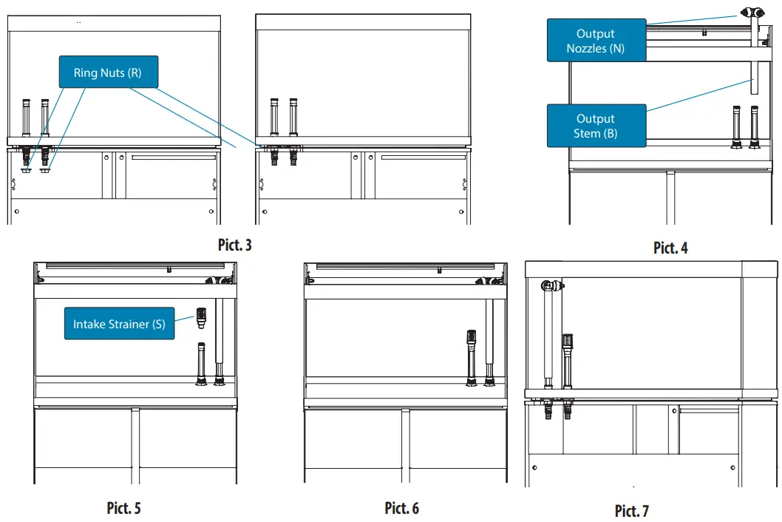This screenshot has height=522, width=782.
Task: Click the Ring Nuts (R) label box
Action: pyautogui.click(x=108, y=72)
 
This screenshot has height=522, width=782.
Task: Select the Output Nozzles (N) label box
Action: pyautogui.click(x=596, y=41)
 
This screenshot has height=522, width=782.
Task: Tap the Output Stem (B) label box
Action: pyautogui.click(x=596, y=126)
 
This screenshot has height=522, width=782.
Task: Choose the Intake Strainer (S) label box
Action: pyautogui.click(x=119, y=324)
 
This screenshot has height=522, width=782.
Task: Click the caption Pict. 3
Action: pyautogui.click(x=235, y=245)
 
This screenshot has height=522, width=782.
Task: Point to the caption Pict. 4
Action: pyautogui.click(x=670, y=248)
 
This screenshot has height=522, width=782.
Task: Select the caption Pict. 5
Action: pyautogui.click(x=123, y=508)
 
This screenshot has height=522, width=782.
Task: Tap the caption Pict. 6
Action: pyautogui.click(x=401, y=508)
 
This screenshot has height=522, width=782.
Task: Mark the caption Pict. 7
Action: pyautogui.click(x=631, y=511)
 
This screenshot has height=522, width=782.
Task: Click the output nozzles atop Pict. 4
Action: pyautogui.click(x=753, y=12)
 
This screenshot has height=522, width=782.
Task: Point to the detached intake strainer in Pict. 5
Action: pyautogui.click(x=200, y=318)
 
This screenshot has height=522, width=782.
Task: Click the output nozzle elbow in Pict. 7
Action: pyautogui.click(x=550, y=286)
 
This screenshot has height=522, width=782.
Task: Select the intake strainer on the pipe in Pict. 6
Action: pyautogui.click(x=470, y=340)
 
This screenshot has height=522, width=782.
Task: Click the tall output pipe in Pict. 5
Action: pyautogui.click(x=219, y=340)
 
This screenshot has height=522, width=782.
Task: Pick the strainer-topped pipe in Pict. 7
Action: pyautogui.click(x=567, y=362)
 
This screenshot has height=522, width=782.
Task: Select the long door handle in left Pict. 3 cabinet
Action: pyautogui.click(x=173, y=157)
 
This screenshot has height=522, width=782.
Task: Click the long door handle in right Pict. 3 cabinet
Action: pyautogui.click(x=423, y=157)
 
